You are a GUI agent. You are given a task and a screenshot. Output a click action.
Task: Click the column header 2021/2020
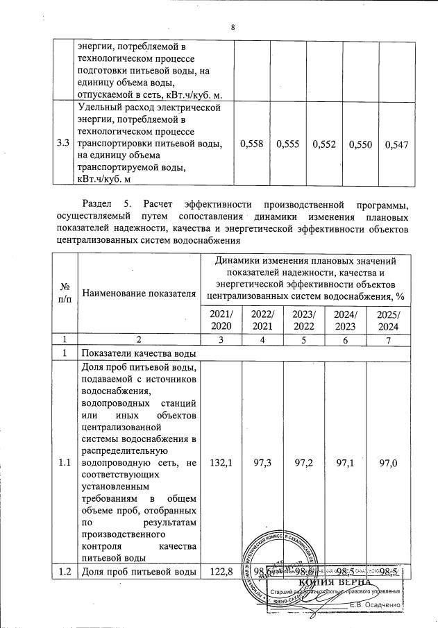pos(221,321)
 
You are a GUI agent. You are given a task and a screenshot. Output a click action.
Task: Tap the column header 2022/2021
pos(262,321)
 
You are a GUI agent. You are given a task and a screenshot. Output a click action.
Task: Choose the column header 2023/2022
pos(304,321)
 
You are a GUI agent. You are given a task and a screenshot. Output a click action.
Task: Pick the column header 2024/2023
pos(345,321)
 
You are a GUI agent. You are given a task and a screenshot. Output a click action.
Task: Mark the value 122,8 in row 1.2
pos(221,571)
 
